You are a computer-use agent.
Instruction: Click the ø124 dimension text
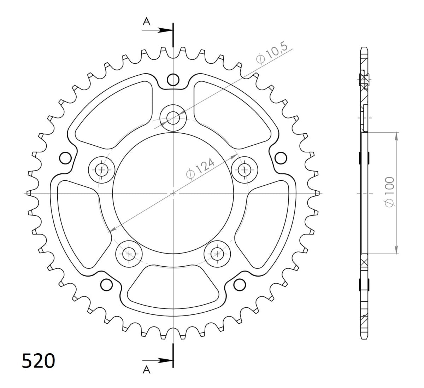(x=200, y=169)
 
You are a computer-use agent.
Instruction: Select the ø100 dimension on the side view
(x=390, y=192)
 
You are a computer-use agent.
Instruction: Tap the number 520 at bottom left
(x=39, y=361)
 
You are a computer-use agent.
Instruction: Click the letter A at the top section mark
(x=147, y=22)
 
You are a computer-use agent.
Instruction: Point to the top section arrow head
(x=166, y=30)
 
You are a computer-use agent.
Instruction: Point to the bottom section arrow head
(x=166, y=360)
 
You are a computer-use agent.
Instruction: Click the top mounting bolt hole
(x=173, y=117)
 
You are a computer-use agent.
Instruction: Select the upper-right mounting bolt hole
(x=244, y=170)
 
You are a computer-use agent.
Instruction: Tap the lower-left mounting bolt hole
(x=129, y=253)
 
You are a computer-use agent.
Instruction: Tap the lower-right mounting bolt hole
(x=217, y=253)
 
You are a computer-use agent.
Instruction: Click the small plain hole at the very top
(x=173, y=80)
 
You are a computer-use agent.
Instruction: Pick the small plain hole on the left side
(x=65, y=158)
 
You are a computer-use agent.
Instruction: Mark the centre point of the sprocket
(x=173, y=193)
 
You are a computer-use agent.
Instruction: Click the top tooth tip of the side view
(x=364, y=48)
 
